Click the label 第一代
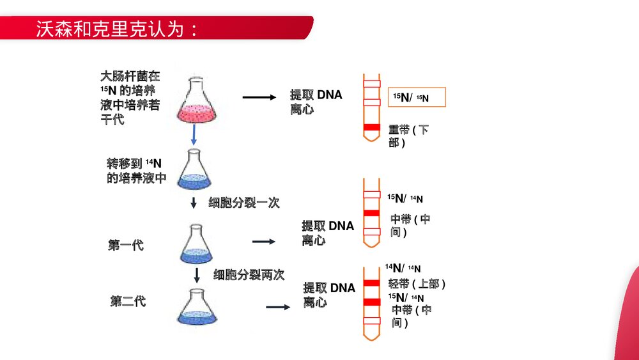point(125,245)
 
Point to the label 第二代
point(128,301)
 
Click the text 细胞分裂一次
point(244,203)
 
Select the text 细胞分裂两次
point(249,274)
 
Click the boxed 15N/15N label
point(417,98)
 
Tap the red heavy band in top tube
point(371,129)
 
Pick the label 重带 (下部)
point(408,136)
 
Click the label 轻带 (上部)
point(417,283)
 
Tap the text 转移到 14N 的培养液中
point(136,171)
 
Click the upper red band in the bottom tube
point(371,283)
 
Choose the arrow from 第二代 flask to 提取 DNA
point(278,307)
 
